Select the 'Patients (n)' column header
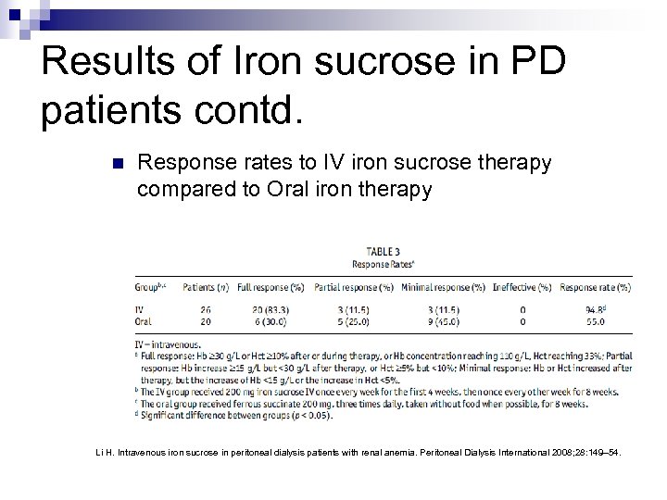[208, 287]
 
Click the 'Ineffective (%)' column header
[523, 287]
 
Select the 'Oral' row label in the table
[144, 322]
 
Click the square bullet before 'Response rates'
[117, 166]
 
